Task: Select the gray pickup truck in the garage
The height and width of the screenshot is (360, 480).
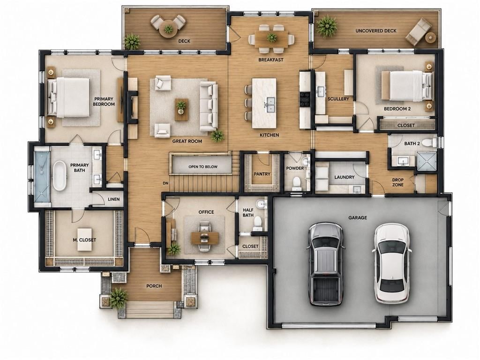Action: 325,264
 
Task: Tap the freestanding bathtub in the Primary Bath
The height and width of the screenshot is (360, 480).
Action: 60,176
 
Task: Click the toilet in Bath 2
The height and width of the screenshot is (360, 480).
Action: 430,142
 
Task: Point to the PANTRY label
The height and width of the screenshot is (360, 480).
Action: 262,174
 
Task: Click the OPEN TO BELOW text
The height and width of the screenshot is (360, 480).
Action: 203,167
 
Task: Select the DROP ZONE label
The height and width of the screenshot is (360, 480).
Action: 397,182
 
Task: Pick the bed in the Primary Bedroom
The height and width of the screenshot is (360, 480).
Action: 69,97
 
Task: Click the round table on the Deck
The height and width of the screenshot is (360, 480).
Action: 168,30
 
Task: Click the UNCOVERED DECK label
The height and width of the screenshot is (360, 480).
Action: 376,31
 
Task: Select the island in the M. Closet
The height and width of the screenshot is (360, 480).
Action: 84,240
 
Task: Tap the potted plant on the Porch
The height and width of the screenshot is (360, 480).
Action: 119,297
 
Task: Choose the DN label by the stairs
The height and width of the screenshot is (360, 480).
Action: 165,183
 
